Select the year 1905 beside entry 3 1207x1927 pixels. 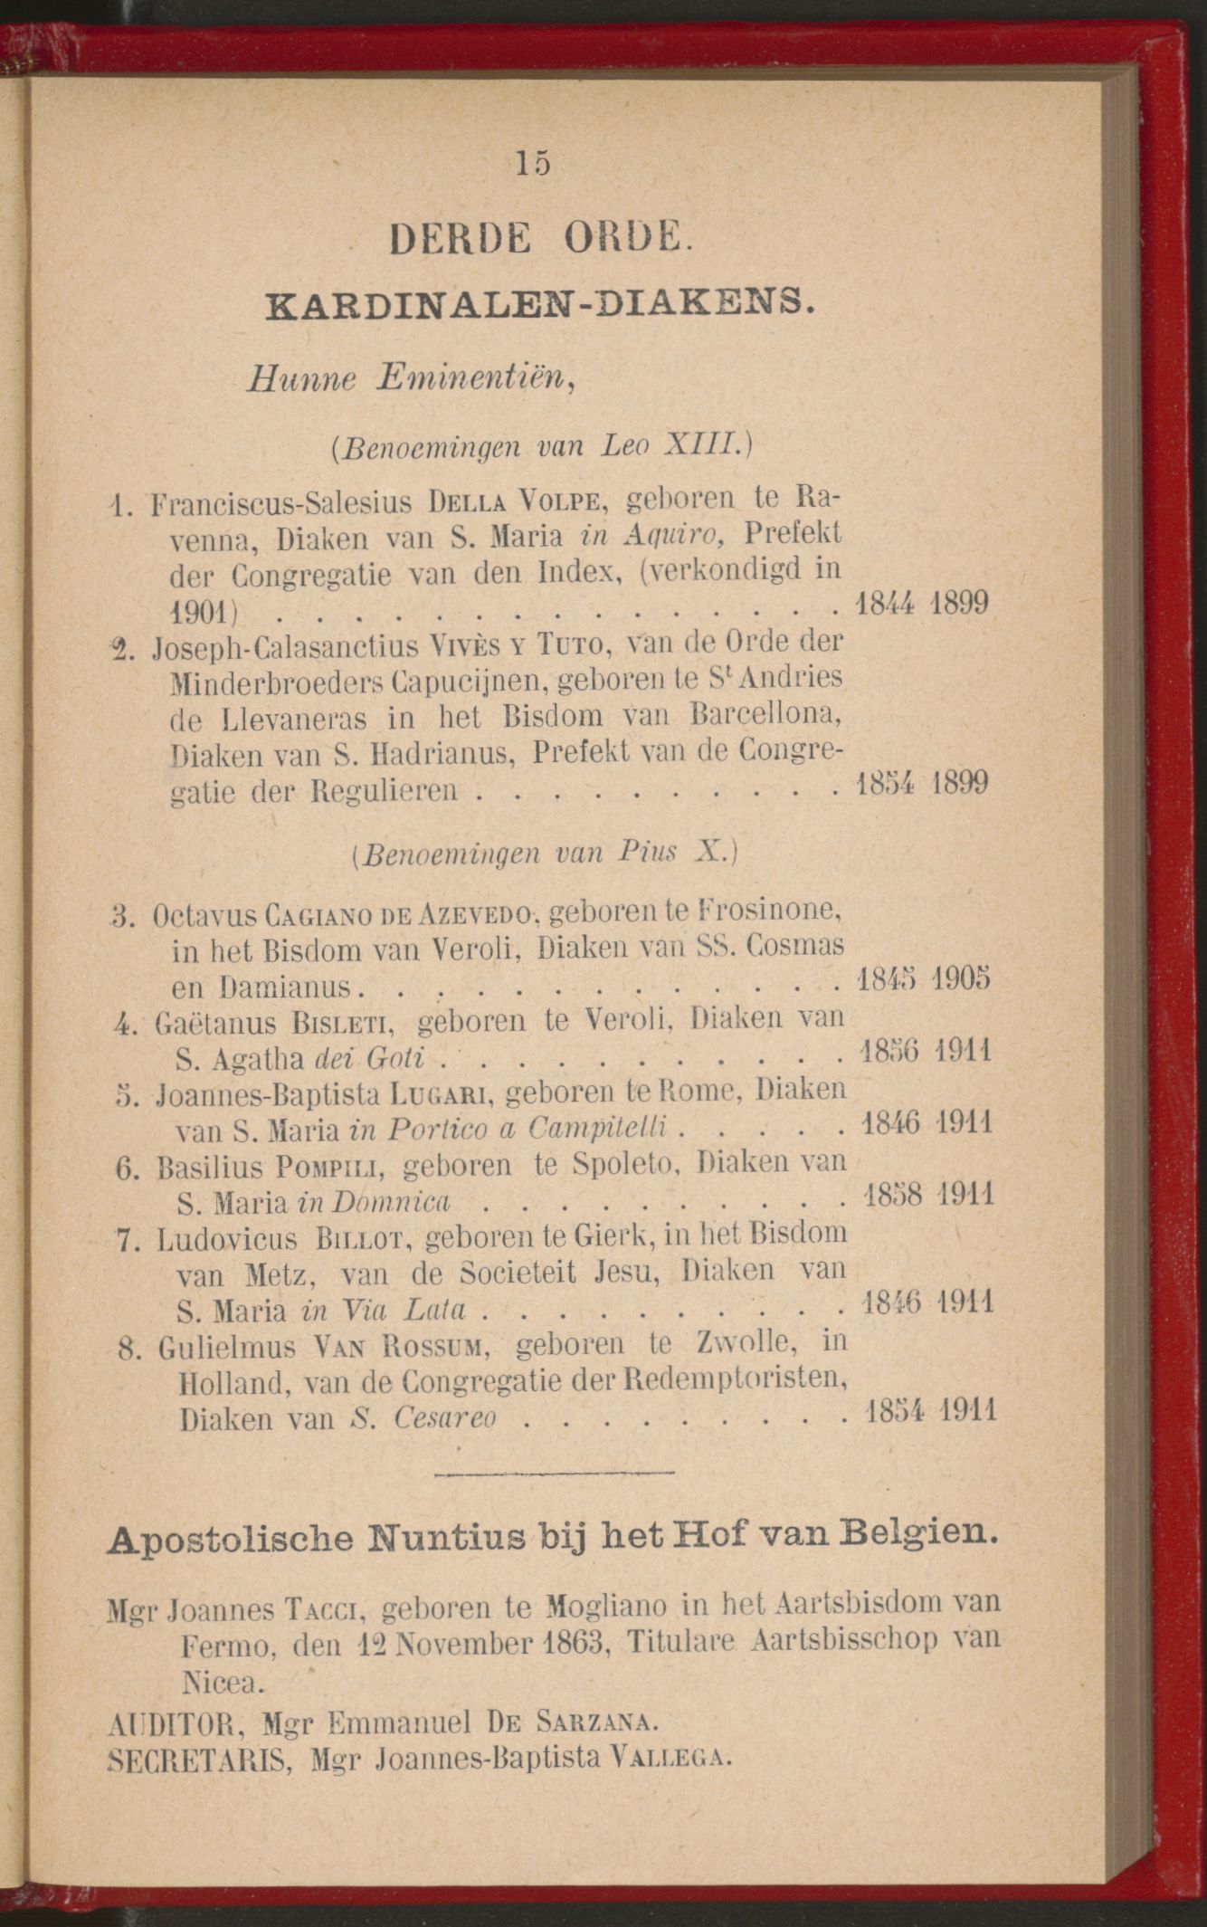(964, 980)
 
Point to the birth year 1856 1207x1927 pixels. (892, 1052)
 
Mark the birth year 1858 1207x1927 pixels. (893, 1195)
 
